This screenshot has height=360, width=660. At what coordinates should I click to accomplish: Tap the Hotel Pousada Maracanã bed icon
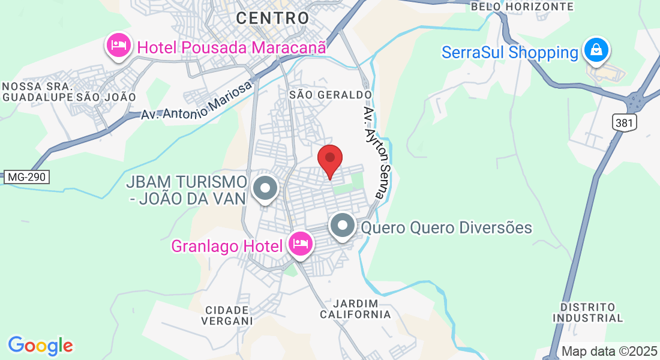pos(119,45)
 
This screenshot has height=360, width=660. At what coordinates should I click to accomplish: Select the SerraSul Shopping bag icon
pos(596,50)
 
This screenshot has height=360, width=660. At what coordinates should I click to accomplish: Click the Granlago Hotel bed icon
pos(300,244)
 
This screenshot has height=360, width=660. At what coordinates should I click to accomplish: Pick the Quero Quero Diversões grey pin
pos(343,226)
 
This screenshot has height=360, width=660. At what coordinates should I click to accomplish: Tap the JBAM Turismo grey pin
pos(265,188)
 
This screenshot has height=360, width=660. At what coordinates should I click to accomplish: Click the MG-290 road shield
pos(26,177)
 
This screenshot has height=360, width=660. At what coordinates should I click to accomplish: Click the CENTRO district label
pos(272,18)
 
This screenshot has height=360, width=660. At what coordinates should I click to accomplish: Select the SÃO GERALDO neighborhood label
pos(331,95)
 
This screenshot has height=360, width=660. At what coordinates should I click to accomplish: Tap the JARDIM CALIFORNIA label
pos(355,308)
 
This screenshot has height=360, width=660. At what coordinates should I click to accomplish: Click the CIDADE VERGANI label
pos(227,315)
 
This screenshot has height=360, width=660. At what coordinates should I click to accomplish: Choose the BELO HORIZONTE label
pos(522,6)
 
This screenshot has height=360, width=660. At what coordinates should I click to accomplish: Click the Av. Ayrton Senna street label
pos(377,153)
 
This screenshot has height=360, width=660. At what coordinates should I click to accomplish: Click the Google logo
pos(40,346)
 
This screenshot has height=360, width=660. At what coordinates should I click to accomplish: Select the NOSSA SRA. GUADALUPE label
pos(37,91)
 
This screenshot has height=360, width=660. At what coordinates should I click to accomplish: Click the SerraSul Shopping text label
pos(510,52)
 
